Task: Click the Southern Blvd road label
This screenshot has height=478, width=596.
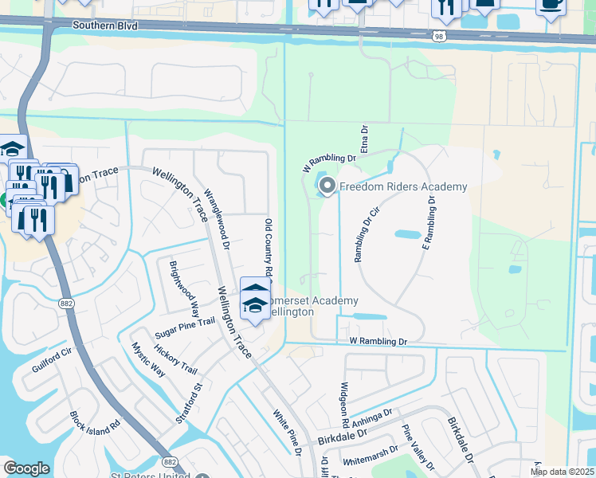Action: (104, 26)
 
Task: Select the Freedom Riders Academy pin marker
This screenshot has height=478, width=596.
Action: (327, 186)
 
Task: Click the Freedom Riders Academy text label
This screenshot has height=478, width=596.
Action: (403, 187)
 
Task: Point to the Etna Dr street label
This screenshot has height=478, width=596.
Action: (364, 139)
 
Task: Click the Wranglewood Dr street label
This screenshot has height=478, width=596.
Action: (217, 219)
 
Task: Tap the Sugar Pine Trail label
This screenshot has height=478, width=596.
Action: (185, 320)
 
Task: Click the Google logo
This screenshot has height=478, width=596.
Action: (26, 468)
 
